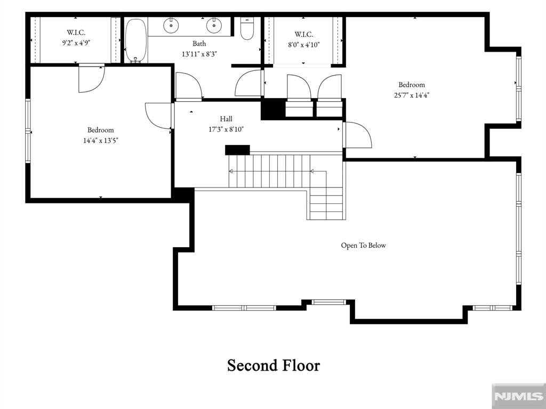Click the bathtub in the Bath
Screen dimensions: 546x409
coord(136,40)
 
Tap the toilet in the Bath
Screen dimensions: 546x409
coord(247,29)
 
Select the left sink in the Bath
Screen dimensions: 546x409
coord(171,25)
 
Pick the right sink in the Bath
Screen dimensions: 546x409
coord(213,25)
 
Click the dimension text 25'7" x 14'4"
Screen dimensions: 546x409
coord(412,95)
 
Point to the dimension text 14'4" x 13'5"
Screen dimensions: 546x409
coord(101,141)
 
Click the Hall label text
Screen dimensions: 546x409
coord(226,119)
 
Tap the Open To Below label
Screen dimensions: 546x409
coord(363,245)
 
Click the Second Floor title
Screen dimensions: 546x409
coord(274,365)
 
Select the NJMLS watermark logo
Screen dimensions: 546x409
coord(518,396)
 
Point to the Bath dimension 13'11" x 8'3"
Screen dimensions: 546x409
coord(199,54)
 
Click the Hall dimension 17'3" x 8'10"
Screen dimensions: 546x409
coord(226,129)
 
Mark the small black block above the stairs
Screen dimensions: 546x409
coord(237,150)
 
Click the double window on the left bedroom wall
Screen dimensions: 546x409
coord(28,131)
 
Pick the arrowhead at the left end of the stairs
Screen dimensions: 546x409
coord(231,171)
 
